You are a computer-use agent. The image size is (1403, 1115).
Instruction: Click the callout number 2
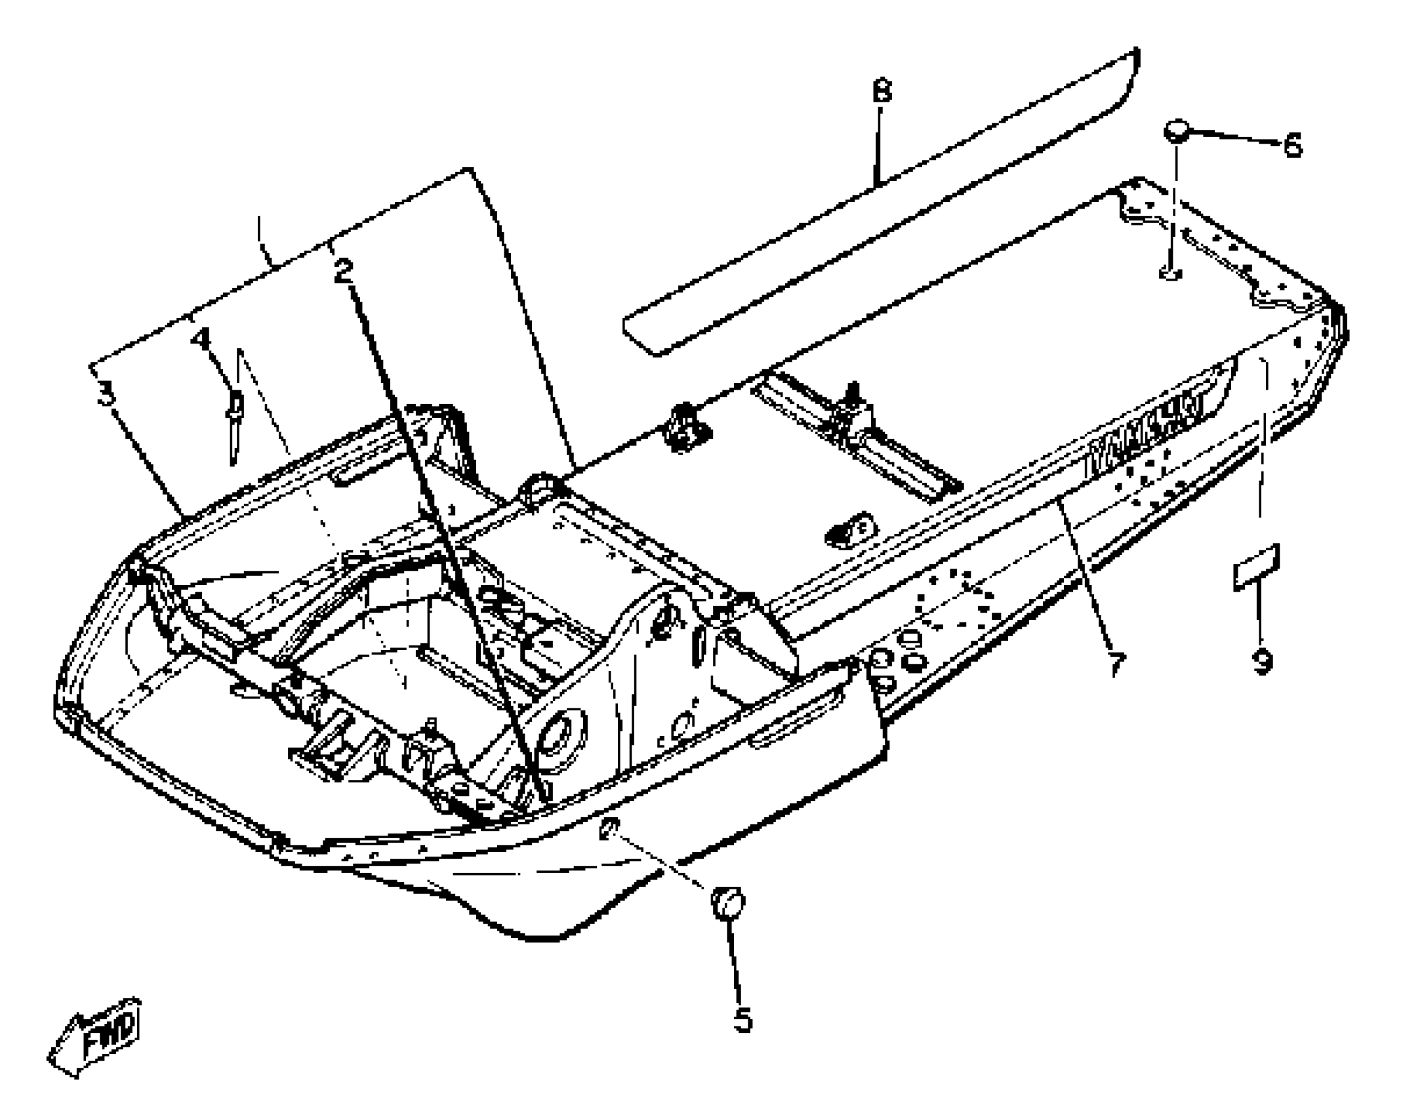[343, 270]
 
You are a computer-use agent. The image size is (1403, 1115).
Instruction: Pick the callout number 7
[1116, 664]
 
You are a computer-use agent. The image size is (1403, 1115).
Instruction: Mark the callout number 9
[1262, 661]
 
